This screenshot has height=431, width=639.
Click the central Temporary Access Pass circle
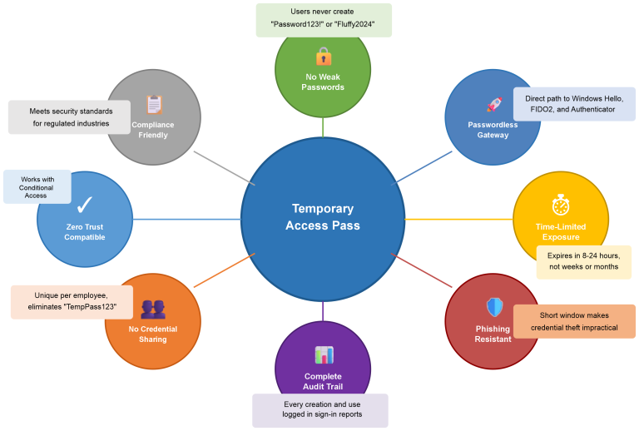[323, 218]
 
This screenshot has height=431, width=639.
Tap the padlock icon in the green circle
[323, 57]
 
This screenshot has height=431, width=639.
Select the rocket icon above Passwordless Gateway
[493, 105]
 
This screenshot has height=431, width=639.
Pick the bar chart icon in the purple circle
[323, 355]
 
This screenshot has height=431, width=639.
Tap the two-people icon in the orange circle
[153, 310]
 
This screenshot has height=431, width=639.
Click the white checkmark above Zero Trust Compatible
[84, 205]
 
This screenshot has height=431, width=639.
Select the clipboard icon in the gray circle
[153, 105]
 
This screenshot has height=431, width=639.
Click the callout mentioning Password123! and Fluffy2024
[323, 20]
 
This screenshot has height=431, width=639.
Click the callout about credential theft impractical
[573, 321]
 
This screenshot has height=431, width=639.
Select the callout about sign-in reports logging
[320, 409]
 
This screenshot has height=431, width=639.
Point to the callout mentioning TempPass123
[72, 301]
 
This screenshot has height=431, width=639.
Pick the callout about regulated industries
[70, 116]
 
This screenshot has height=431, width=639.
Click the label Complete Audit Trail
[323, 380]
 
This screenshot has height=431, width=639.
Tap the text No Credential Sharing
[153, 334]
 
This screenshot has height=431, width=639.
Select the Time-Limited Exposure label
[561, 231]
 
